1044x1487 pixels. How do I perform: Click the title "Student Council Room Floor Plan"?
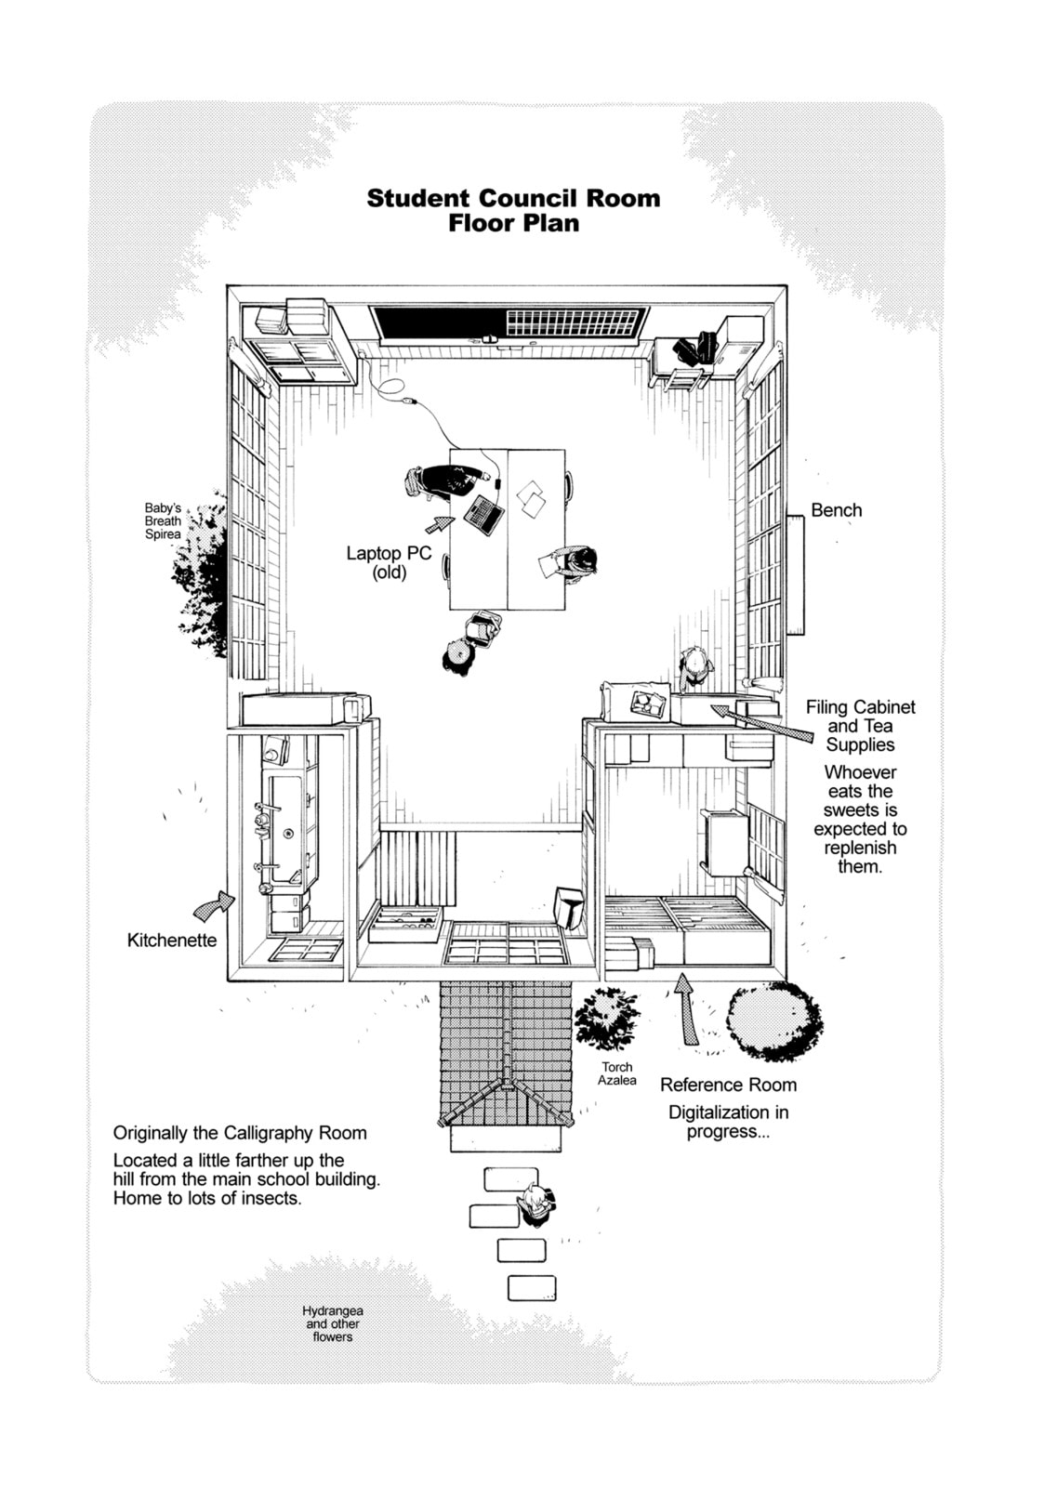[x=513, y=210]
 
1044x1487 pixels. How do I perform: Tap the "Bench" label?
[x=836, y=510]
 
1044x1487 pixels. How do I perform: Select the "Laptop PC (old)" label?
[x=389, y=562]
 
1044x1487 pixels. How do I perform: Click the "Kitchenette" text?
[x=172, y=940]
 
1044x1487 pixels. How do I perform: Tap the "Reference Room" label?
[x=728, y=1085]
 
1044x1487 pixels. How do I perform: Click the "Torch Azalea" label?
[x=616, y=1073]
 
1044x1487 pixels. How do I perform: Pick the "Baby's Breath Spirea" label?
[x=163, y=521]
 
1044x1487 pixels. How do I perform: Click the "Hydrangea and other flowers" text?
[x=332, y=1323]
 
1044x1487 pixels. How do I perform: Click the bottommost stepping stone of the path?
[x=532, y=1288]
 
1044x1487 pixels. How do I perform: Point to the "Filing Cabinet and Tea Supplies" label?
[x=860, y=726]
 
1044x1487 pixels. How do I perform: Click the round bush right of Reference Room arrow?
[x=773, y=1020]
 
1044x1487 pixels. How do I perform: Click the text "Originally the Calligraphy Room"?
[x=240, y=1133]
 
